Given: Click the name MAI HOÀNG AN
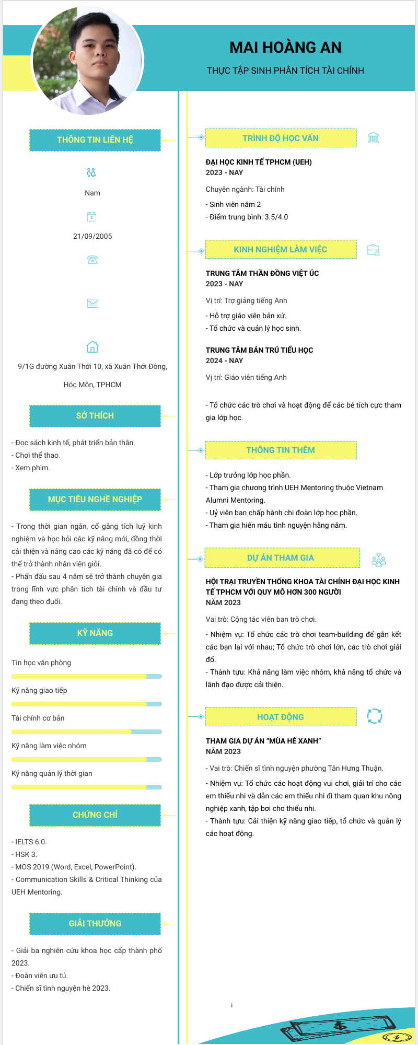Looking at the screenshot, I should pos(285,48).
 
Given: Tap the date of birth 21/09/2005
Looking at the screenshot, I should pos(92,236).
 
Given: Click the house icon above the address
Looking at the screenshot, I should pos(92,346).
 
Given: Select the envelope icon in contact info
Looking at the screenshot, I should pos(92,303).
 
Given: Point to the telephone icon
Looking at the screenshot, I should pos(92,260).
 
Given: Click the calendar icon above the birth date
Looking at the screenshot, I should pos(92,216).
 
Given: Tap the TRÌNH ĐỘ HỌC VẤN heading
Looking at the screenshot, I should pos(281,138).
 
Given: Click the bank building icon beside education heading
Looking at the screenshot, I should pos(373,138).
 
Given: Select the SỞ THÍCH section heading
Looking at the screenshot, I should pos(95,416).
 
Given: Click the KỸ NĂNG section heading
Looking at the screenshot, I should pos(95,633).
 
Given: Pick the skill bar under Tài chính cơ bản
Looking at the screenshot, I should pos(87,731).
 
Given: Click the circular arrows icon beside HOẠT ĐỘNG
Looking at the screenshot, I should pos(374,716).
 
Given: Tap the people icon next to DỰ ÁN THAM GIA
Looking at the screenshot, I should pos(378,560).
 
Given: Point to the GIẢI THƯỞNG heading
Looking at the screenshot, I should pos(95,924).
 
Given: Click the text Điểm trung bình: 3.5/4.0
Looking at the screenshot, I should pos(248,217).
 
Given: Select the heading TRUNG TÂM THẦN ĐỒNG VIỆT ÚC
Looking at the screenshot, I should pos(262,273).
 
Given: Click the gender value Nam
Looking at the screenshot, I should pos(92,193).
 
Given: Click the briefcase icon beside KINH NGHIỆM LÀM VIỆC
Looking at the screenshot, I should pos(373,250).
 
